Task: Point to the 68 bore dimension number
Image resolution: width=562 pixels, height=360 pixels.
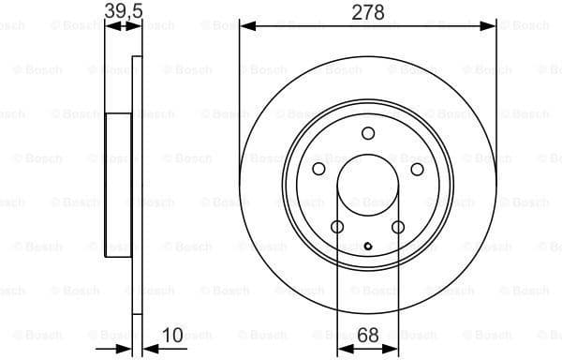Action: click(x=367, y=335)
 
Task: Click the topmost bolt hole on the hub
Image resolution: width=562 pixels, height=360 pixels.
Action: click(x=367, y=133)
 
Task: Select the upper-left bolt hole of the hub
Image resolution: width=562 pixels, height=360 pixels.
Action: click(x=318, y=169)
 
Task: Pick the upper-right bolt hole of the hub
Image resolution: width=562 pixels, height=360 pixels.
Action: click(x=417, y=169)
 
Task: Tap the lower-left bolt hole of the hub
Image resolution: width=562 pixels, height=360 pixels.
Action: click(x=336, y=227)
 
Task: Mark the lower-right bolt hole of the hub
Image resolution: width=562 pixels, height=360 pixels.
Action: click(x=398, y=227)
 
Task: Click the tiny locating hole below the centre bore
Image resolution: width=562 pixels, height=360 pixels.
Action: click(x=367, y=247)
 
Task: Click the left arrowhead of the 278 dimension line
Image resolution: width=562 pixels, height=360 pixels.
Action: click(x=246, y=26)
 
